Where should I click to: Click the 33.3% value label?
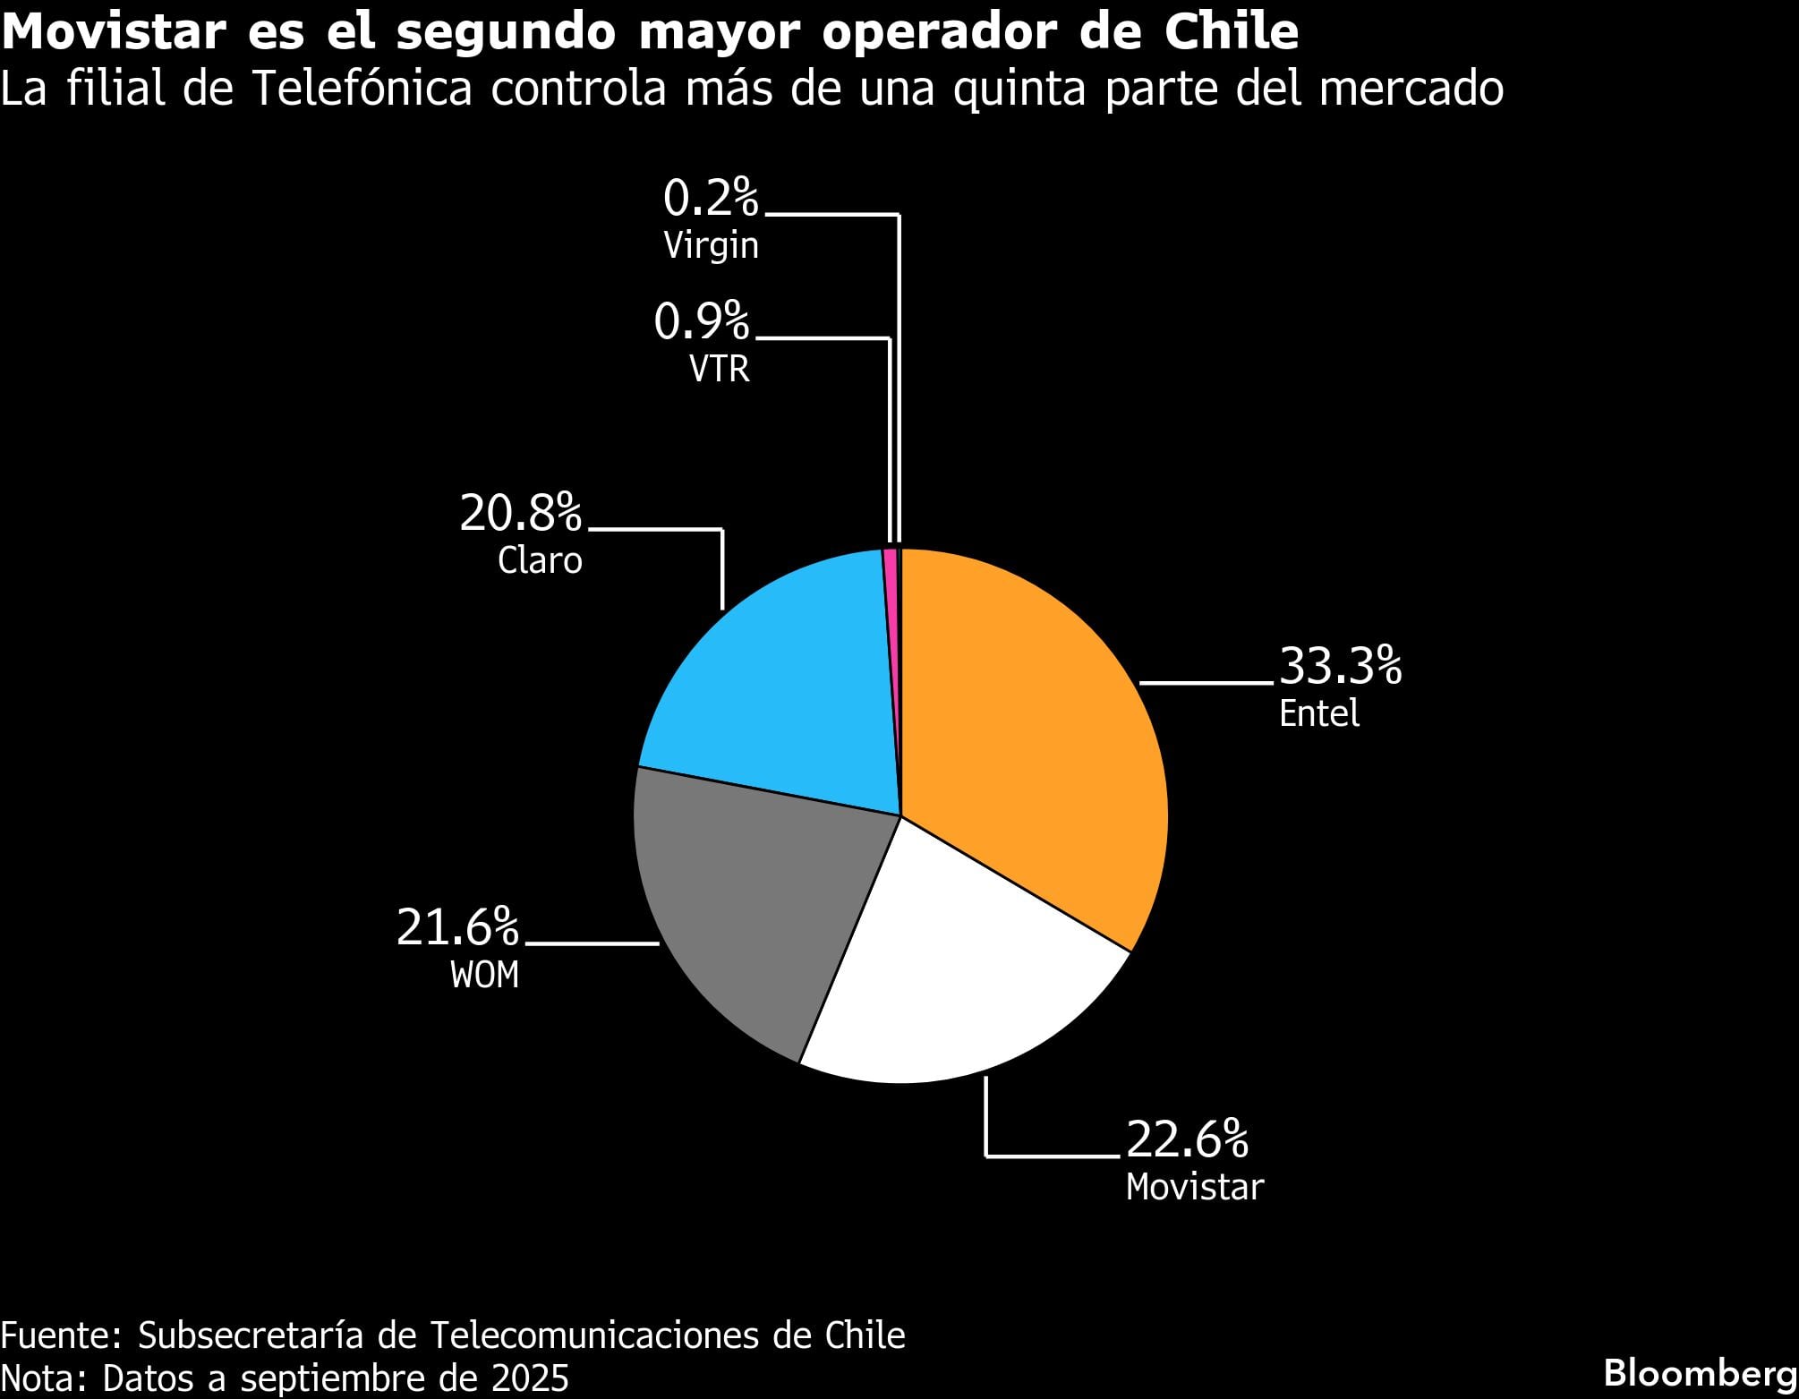click(x=1340, y=666)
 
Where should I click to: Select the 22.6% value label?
click(x=1187, y=1139)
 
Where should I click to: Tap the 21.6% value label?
click(x=457, y=927)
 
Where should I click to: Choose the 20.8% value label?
click(x=520, y=514)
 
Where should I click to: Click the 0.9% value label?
click(x=701, y=322)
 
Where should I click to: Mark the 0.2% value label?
click(x=711, y=198)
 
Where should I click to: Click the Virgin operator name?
click(x=711, y=245)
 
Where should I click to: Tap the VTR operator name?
click(x=719, y=369)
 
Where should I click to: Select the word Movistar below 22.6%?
click(x=1194, y=1187)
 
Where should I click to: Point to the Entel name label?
click(x=1318, y=713)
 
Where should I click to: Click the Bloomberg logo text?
click(x=1700, y=1373)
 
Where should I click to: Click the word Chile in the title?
click(x=1232, y=31)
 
